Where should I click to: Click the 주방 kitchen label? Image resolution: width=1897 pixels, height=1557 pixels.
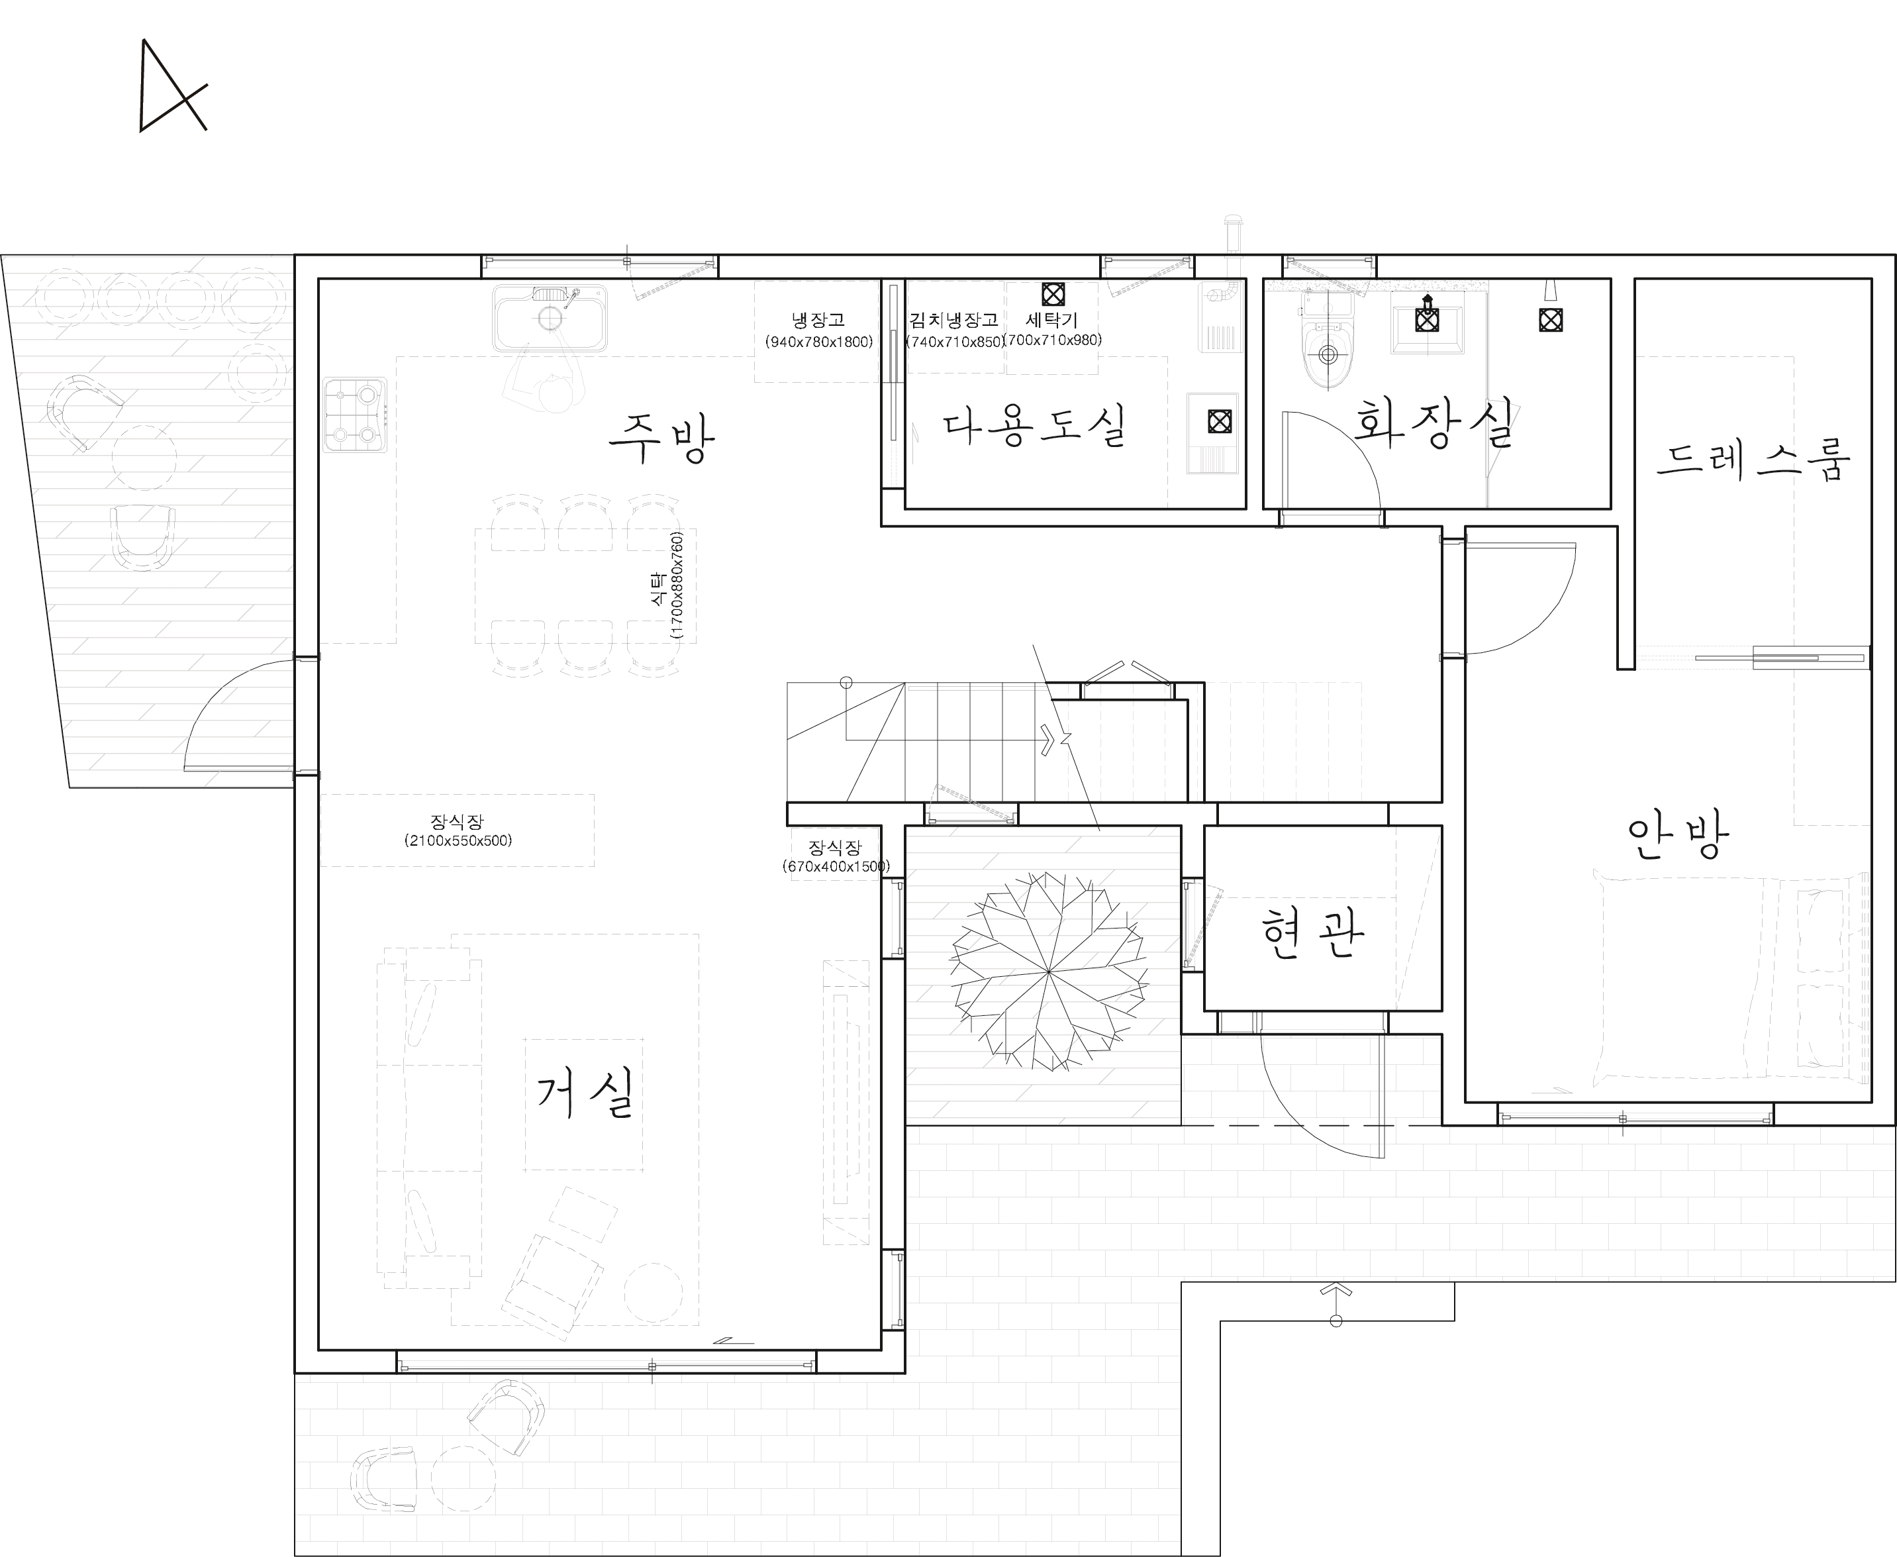(x=661, y=438)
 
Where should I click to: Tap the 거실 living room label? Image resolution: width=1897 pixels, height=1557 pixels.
(x=585, y=1092)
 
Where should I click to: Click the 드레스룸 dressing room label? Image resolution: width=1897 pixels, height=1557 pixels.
(x=1753, y=458)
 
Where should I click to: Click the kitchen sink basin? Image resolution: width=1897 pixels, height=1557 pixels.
(x=550, y=319)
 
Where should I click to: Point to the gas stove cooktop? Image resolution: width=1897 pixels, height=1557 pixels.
(x=355, y=415)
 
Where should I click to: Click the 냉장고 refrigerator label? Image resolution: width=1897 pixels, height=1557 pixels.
(x=818, y=319)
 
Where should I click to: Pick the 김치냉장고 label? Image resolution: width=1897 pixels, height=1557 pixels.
(x=954, y=319)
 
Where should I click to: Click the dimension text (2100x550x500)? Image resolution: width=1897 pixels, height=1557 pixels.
(x=458, y=840)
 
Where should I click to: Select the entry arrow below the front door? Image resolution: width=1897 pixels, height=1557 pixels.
(x=1336, y=1304)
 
